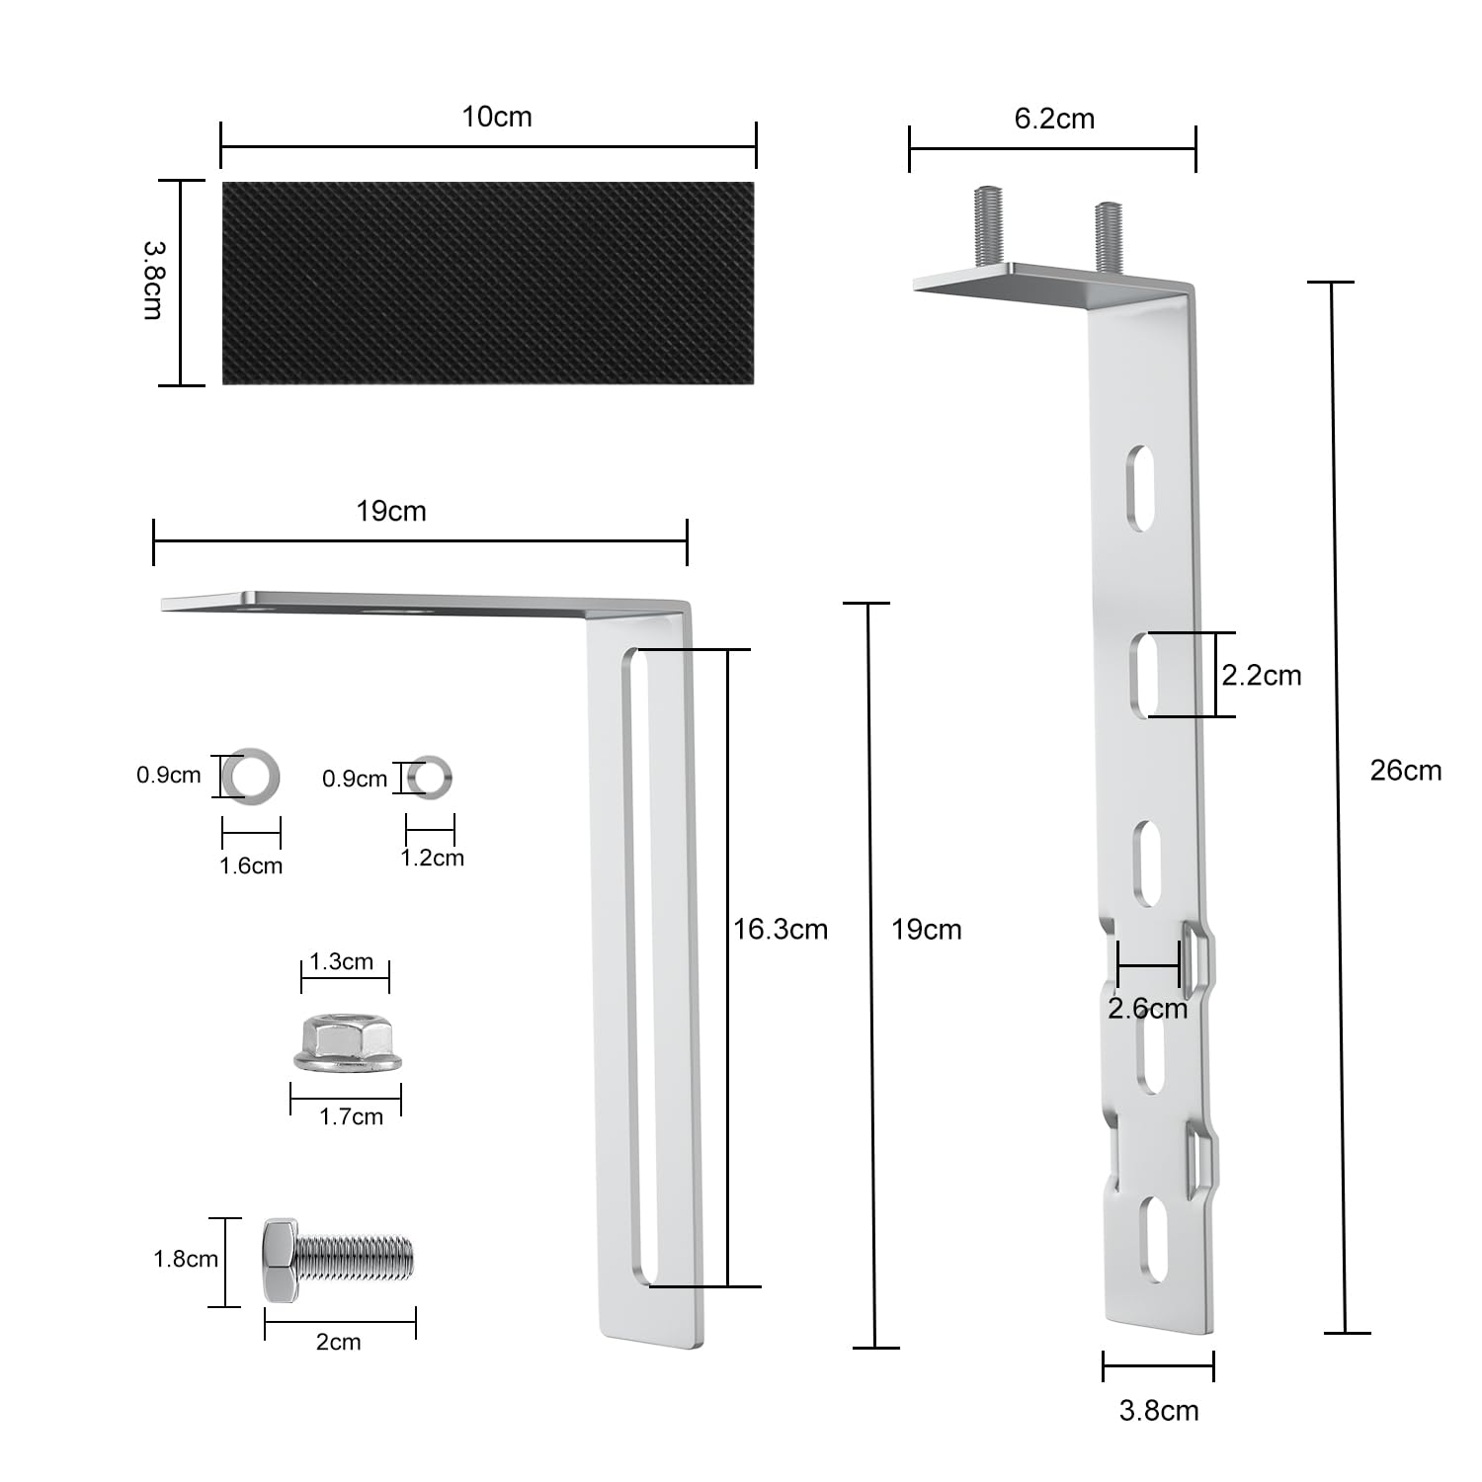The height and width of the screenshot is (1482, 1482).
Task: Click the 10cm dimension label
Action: [x=497, y=117]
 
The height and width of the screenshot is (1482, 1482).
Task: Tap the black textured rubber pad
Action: [x=488, y=283]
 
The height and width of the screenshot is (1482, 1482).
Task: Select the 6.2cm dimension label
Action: [x=1054, y=119]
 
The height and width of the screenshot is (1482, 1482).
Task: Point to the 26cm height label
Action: [x=1405, y=771]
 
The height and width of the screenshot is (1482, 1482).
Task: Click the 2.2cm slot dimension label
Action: [x=1262, y=676]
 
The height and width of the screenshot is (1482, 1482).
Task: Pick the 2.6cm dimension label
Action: [x=1147, y=1009]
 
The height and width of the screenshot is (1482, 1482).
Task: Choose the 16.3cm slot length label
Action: [x=781, y=929]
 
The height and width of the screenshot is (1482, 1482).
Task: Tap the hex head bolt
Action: [x=338, y=1260]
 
